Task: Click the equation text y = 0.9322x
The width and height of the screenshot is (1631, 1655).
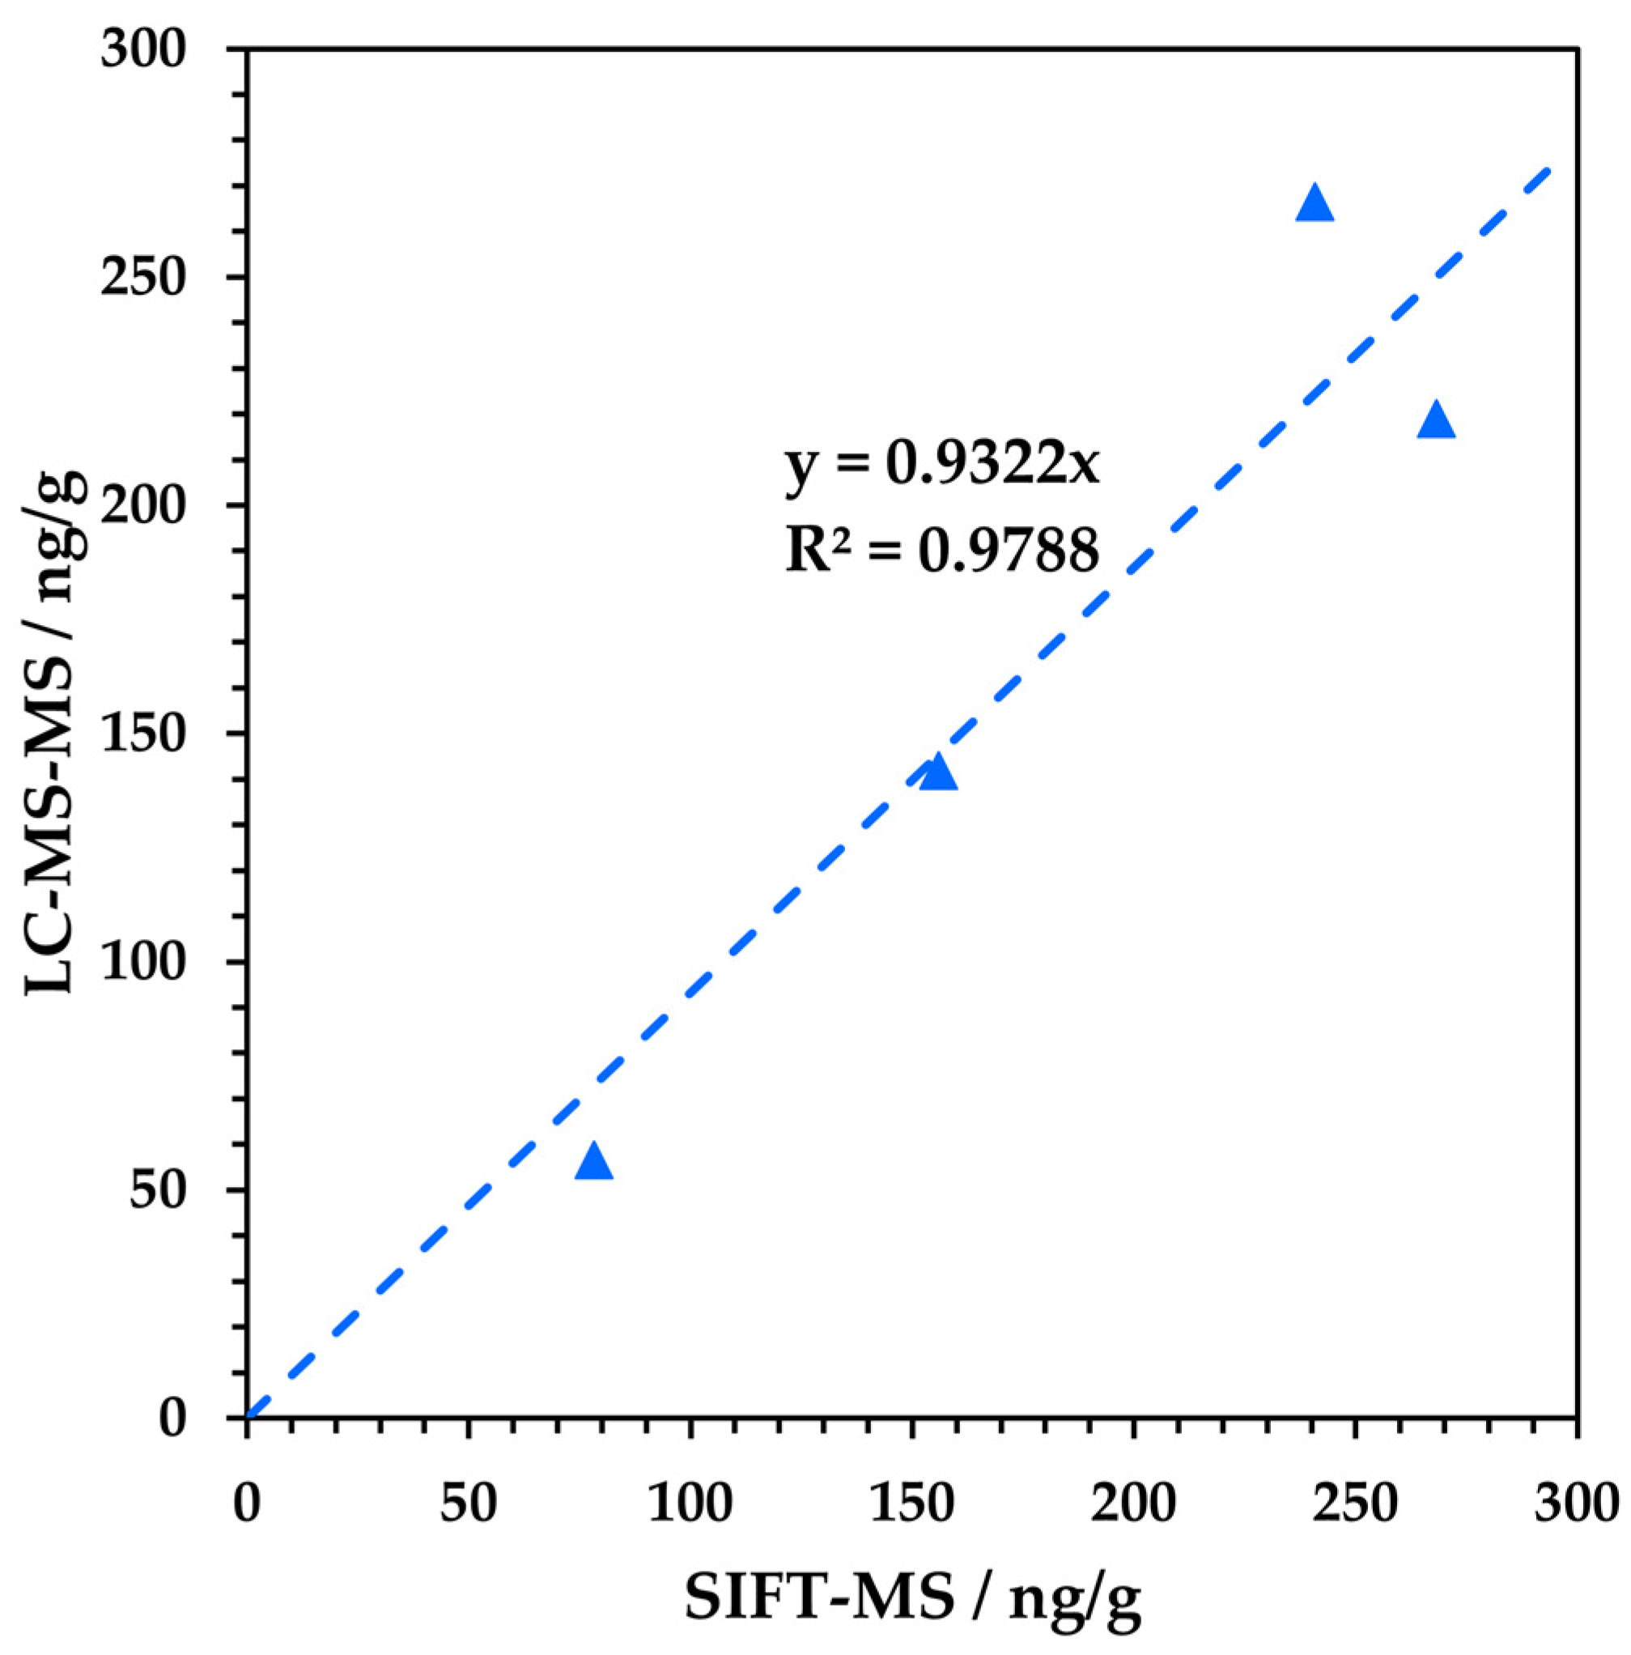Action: [942, 464]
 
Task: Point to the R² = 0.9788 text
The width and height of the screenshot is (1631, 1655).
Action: [942, 550]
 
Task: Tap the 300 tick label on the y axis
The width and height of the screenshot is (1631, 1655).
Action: [143, 49]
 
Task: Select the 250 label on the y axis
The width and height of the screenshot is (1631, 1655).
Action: [143, 278]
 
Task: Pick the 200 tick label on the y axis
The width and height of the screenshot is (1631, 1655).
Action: [143, 505]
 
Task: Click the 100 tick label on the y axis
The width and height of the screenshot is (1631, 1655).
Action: [143, 961]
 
